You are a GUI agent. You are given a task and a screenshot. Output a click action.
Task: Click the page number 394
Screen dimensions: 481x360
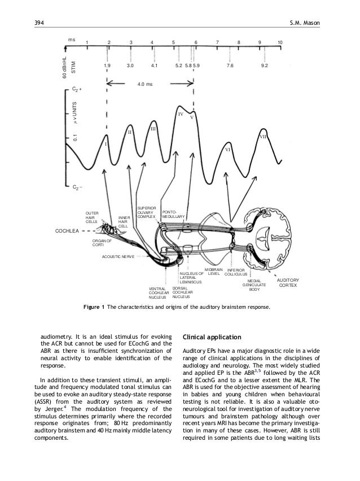[x=40, y=21]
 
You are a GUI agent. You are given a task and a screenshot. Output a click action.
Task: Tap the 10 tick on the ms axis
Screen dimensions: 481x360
[x=280, y=42]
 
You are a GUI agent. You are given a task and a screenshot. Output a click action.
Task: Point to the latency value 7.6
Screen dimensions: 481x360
[x=230, y=65]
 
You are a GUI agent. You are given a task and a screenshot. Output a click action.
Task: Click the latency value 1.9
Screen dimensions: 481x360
[x=107, y=65]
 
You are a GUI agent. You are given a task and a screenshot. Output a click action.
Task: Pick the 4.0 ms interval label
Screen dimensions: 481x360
[x=145, y=85]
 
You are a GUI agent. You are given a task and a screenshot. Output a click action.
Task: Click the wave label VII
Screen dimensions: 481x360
[x=264, y=137]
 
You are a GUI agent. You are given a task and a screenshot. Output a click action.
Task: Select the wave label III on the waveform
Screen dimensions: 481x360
[x=152, y=130]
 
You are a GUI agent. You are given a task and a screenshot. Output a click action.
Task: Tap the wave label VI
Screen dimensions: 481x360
[x=228, y=150]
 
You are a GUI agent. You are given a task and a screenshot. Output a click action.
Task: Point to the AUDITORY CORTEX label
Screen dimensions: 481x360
[x=288, y=283]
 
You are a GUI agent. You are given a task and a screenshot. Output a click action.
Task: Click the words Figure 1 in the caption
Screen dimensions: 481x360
[x=95, y=308]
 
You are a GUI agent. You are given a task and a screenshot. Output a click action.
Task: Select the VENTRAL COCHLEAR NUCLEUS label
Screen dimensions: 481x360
[x=159, y=292]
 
